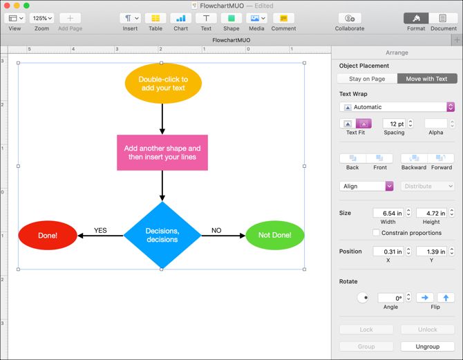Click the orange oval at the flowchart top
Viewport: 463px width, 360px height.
(x=162, y=84)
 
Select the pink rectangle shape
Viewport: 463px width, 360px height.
(x=162, y=153)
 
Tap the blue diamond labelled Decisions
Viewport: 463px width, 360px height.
(x=162, y=235)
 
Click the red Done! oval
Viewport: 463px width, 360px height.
(x=48, y=236)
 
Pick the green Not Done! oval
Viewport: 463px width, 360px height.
(x=275, y=236)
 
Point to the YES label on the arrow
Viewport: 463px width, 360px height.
(x=100, y=231)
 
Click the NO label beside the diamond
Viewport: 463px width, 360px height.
(x=216, y=231)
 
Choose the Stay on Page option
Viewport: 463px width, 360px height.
(x=367, y=79)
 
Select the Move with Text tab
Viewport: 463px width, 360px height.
(x=426, y=79)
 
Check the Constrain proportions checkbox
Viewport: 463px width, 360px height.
(x=376, y=232)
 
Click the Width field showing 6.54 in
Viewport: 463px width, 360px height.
(x=388, y=213)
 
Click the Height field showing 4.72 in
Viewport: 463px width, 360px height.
(x=431, y=213)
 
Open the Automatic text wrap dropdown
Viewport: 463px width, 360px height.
(x=397, y=107)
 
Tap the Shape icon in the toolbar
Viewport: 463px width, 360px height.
(x=231, y=19)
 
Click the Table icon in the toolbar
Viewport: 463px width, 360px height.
(x=155, y=19)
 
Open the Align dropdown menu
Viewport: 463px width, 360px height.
(x=367, y=186)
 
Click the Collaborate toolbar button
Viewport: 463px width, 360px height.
(x=350, y=19)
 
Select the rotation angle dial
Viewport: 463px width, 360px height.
(x=363, y=298)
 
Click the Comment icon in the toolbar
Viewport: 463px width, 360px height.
(x=283, y=19)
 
